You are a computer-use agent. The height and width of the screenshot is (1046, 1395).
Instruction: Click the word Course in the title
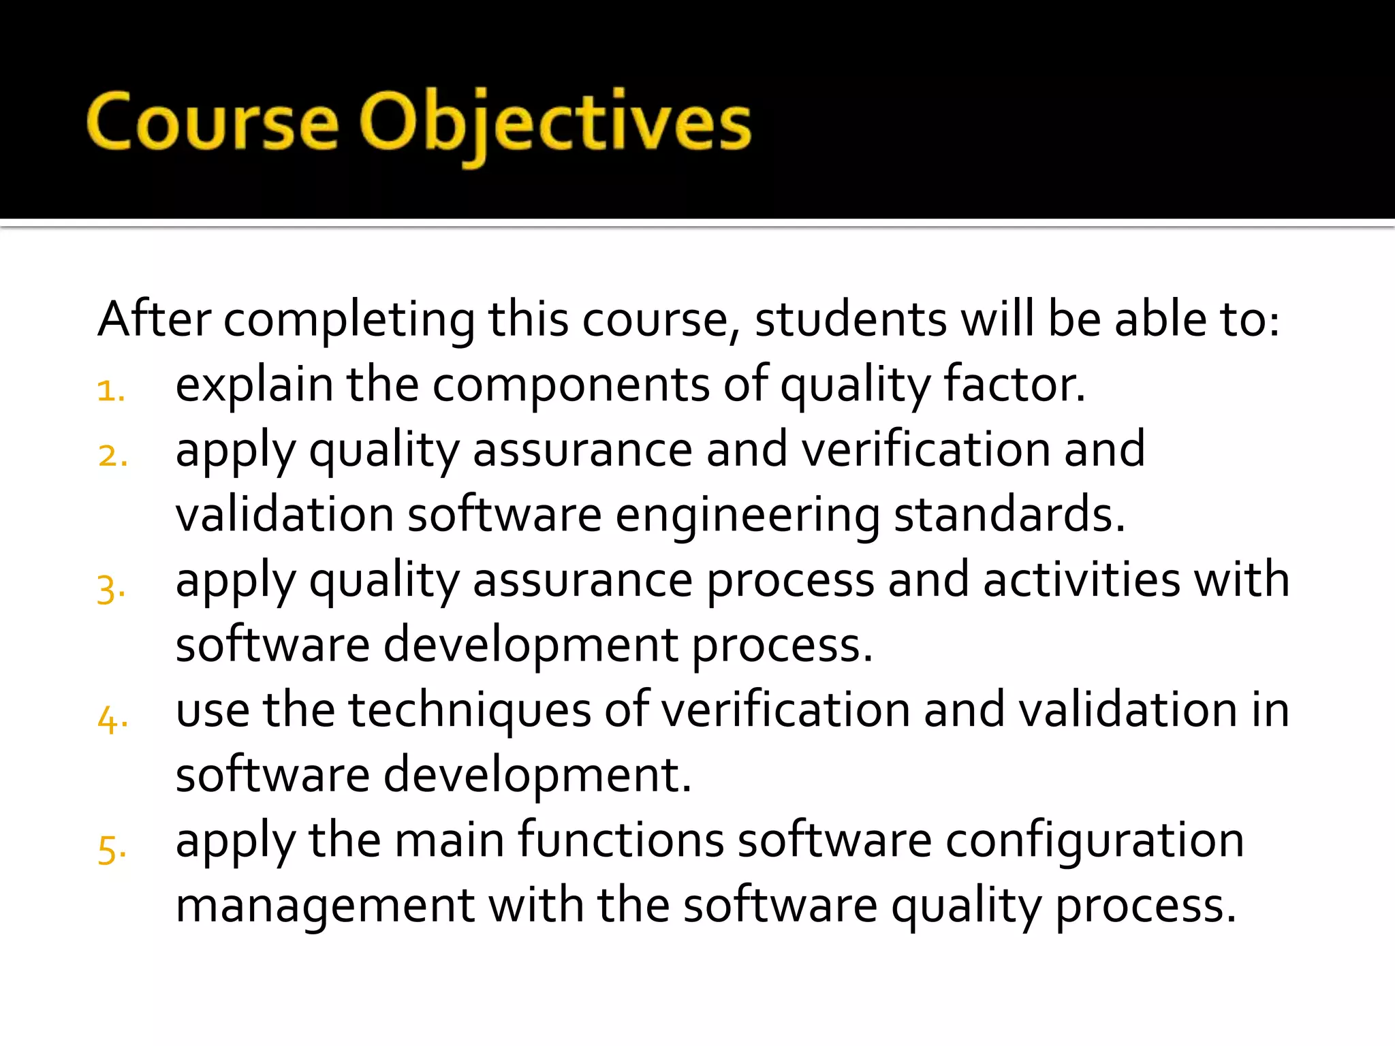tap(212, 123)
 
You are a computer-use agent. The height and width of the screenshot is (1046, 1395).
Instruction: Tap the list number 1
tap(110, 391)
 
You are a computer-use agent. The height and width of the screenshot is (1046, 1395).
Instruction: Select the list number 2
tap(112, 456)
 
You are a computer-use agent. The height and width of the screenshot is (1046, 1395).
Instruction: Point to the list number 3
tap(111, 587)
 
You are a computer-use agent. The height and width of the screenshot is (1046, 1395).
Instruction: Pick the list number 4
tap(112, 718)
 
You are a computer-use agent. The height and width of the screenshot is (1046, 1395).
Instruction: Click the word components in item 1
tap(571, 385)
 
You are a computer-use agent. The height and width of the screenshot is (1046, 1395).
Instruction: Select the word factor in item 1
tap(1014, 384)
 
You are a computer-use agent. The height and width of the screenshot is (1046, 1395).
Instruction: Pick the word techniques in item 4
tap(470, 711)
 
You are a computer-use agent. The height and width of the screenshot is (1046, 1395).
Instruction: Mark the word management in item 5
tap(325, 906)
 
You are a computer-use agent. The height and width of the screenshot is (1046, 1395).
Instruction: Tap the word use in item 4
tap(213, 710)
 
